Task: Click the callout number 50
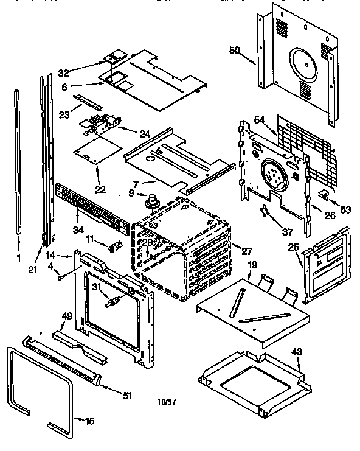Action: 235,50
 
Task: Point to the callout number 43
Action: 297,352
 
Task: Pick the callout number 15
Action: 89,420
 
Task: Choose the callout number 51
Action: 126,396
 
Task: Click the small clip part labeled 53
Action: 324,195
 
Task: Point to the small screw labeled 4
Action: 61,278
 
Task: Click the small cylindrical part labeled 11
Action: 114,248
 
